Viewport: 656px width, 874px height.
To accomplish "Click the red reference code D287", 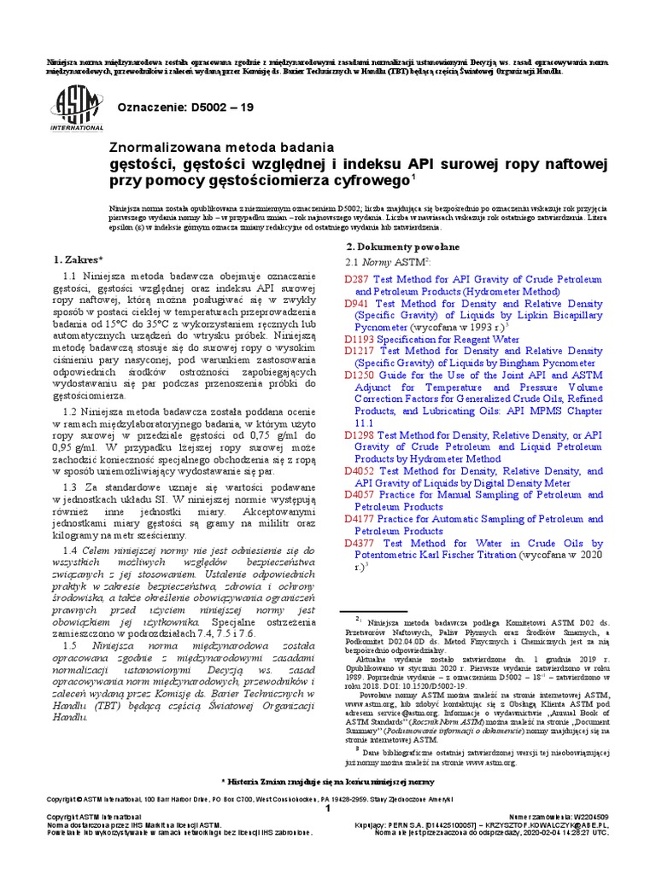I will [x=355, y=279].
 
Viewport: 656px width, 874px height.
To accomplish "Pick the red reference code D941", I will [x=355, y=303].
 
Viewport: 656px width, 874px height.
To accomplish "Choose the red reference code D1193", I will [x=359, y=339].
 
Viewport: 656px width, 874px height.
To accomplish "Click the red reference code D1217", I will [x=359, y=351].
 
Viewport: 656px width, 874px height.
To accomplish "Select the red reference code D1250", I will [x=359, y=375].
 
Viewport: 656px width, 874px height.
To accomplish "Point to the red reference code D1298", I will [x=359, y=434].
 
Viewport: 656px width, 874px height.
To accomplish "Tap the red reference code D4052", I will [x=359, y=470].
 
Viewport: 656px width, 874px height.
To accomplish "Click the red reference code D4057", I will [x=359, y=494].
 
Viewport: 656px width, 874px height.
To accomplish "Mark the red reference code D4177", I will [x=359, y=518].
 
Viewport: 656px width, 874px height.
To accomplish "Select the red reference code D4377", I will [x=359, y=543].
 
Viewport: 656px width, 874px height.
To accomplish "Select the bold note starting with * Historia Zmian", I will [x=328, y=781].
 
